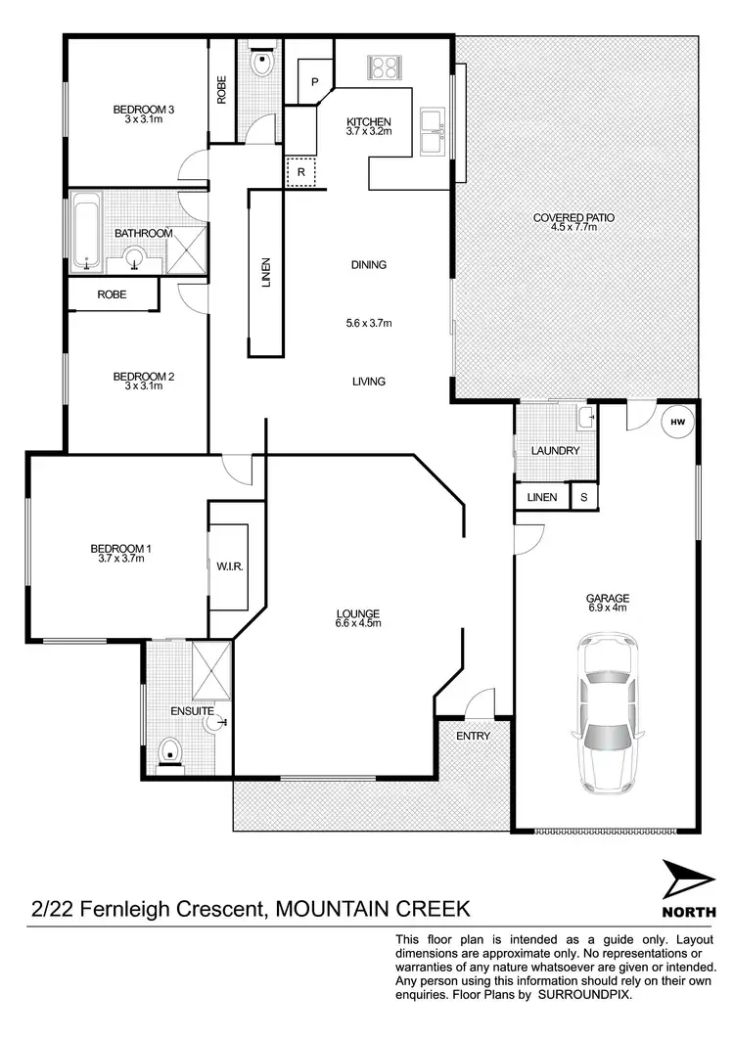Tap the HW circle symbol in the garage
coord(677,423)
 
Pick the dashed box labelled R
coord(300,172)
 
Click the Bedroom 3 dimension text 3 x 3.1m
coord(143,119)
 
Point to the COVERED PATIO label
coord(573,217)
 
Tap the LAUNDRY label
coord(556,451)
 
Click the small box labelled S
coord(584,497)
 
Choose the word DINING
coord(369,264)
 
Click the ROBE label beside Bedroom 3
coord(221,93)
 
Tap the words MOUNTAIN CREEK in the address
coord(373,909)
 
